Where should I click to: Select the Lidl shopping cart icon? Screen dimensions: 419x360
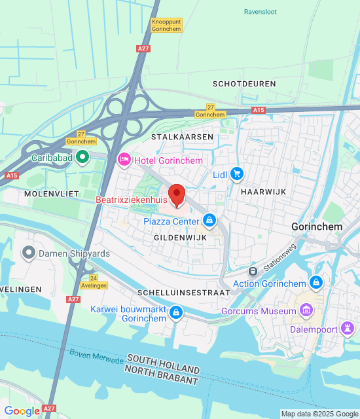(237, 174)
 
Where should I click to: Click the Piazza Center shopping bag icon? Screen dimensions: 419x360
(209, 221)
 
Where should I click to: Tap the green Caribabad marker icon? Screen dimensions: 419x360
(82, 157)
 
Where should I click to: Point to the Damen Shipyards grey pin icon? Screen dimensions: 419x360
(28, 252)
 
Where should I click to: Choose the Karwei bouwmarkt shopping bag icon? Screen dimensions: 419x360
(175, 314)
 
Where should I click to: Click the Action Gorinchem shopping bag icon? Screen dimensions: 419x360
(316, 283)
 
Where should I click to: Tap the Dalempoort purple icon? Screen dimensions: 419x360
(348, 325)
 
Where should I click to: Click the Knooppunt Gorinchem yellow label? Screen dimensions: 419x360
(167, 26)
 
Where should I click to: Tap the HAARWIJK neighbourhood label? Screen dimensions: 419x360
(261, 192)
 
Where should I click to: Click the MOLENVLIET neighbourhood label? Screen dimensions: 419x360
(51, 194)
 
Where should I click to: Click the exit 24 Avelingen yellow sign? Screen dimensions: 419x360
(94, 282)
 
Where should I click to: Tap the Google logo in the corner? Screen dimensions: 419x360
(22, 410)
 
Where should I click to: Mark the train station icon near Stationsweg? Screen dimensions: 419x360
(253, 271)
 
